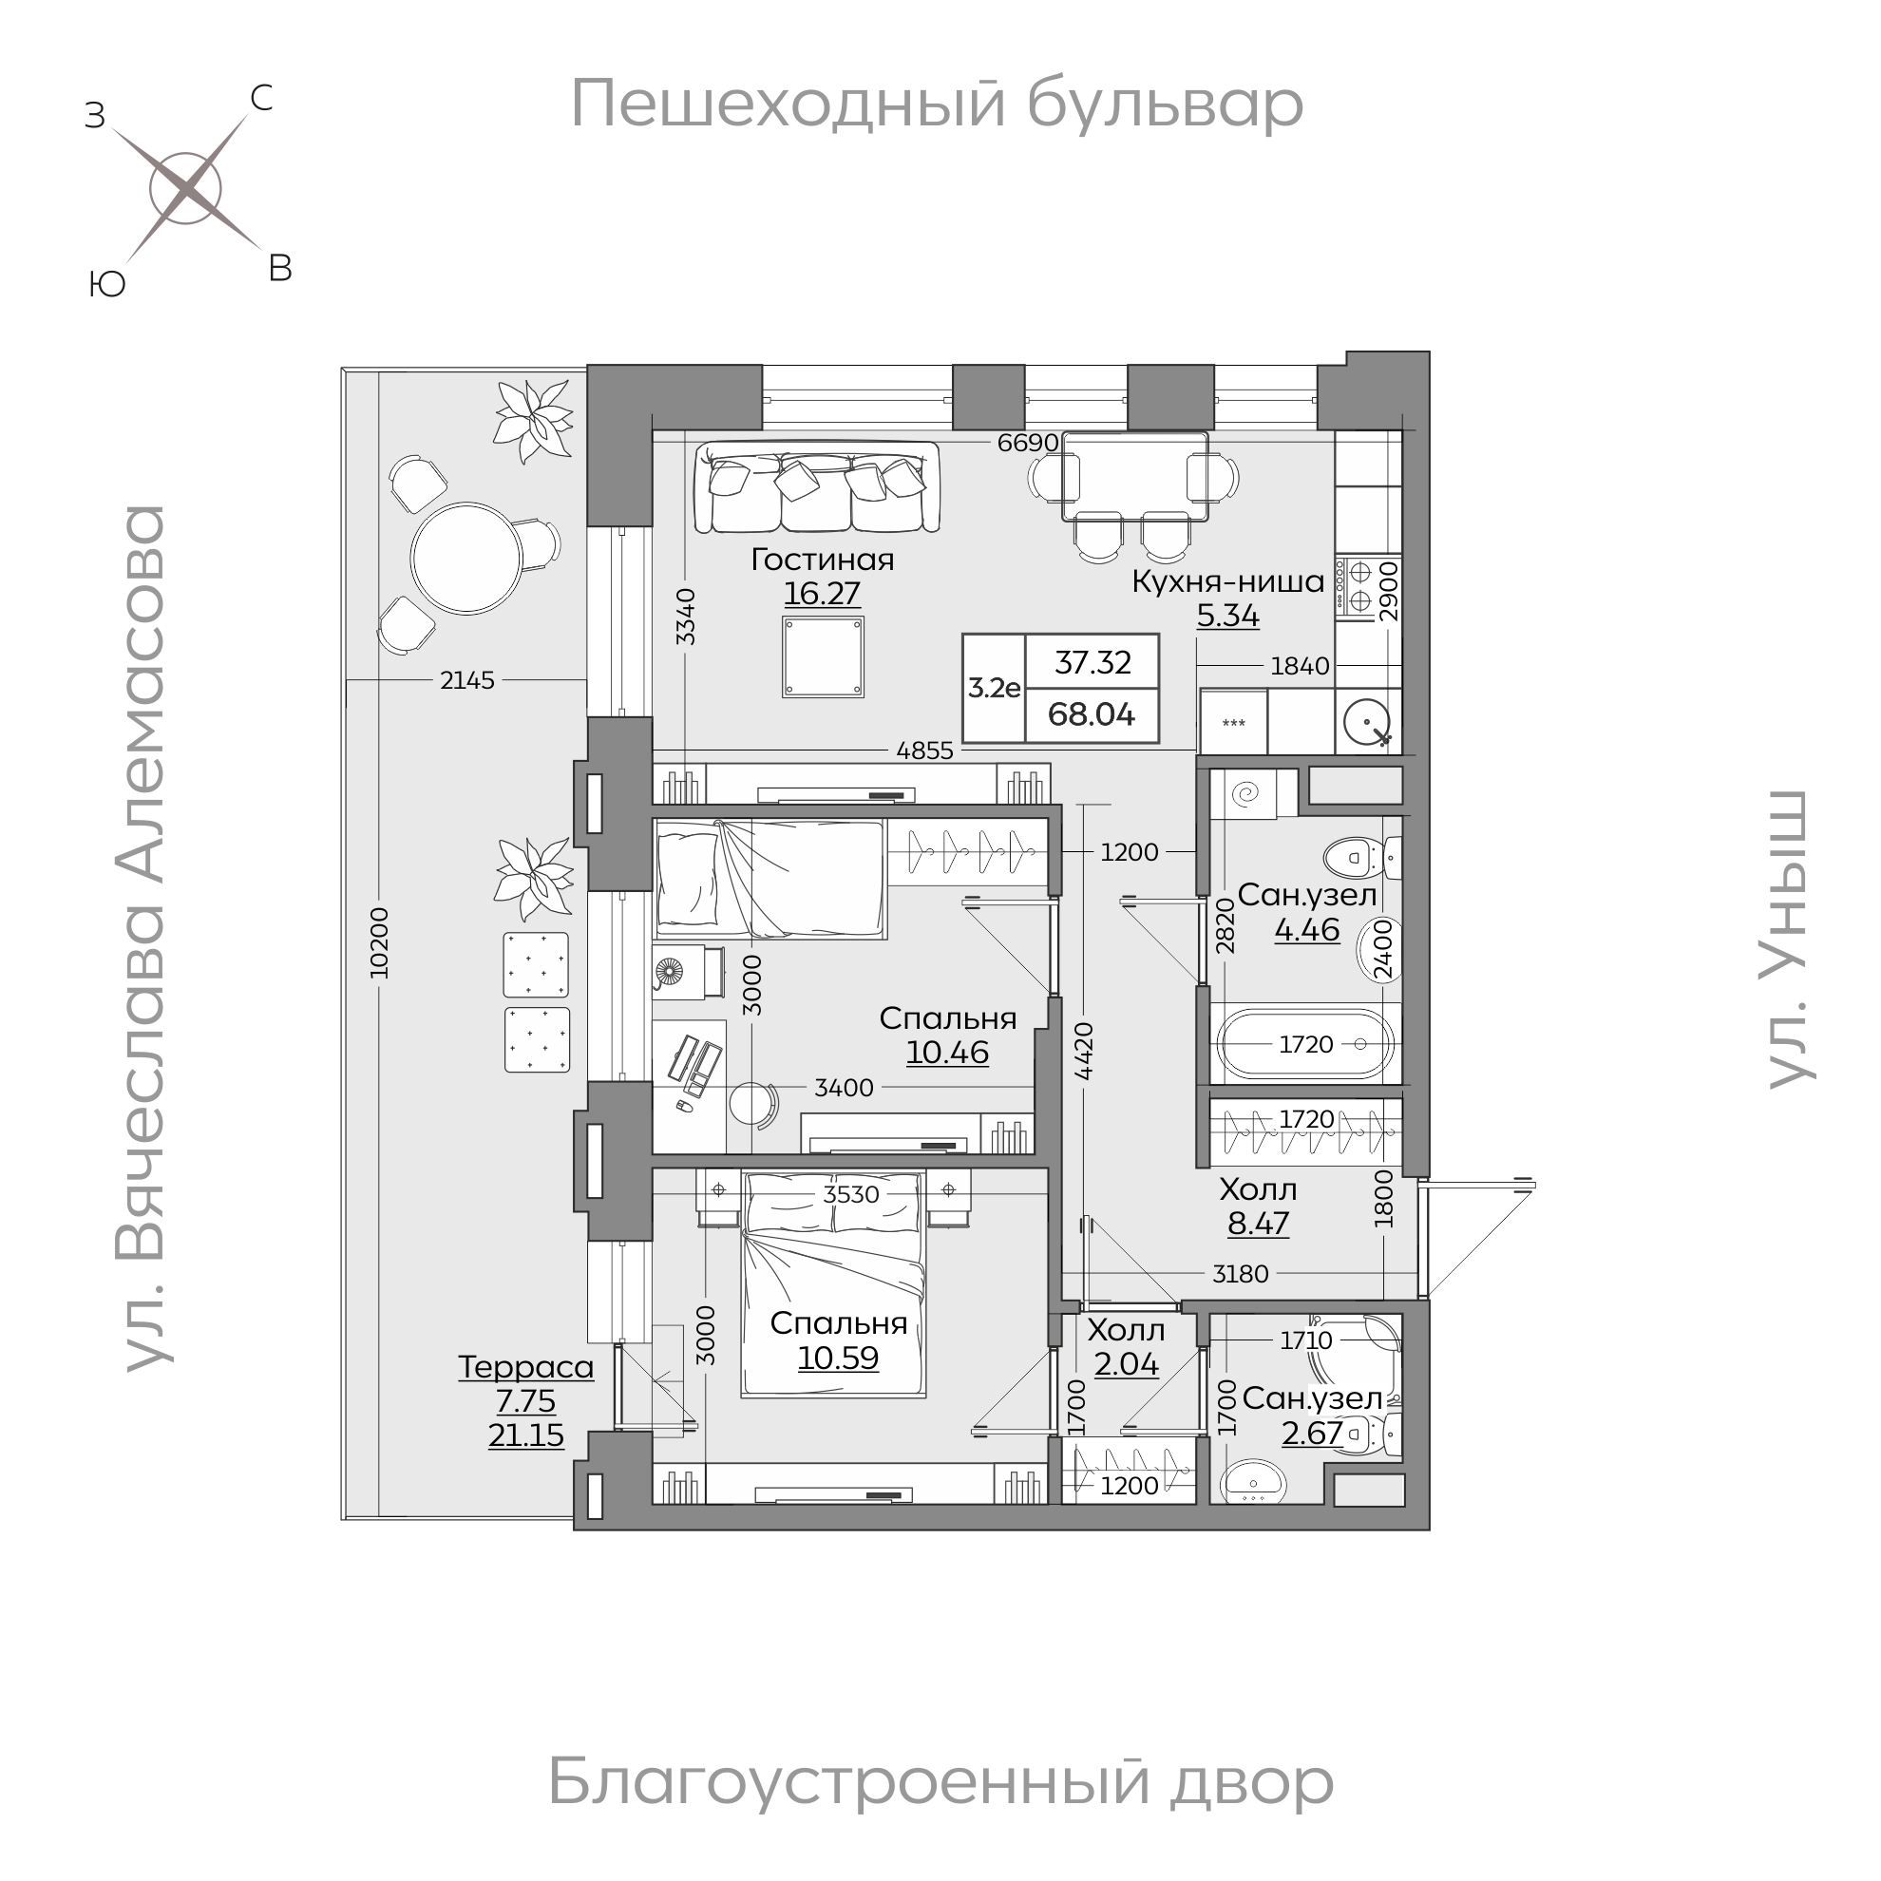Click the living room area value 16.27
coord(822,593)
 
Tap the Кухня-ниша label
coord(1227,581)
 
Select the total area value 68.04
coord(1092,714)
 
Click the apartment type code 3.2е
coord(994,689)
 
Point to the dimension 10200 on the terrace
coord(380,942)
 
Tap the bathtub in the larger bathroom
coord(1305,1045)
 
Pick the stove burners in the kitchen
coord(1353,585)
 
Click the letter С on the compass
coord(261,99)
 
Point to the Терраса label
coord(525,1367)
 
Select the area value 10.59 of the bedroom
coord(838,1358)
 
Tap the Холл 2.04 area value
coord(1127,1365)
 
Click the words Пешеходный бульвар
coord(936,104)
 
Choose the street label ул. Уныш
coord(1788,940)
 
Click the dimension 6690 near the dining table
coord(1027,443)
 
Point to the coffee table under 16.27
coord(823,656)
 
